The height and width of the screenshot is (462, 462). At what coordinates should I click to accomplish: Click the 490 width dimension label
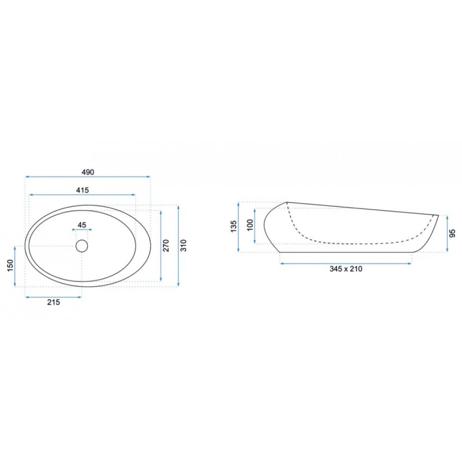(88, 172)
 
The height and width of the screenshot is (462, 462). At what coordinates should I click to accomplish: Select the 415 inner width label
(83, 190)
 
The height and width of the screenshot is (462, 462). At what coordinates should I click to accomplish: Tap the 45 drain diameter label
(82, 225)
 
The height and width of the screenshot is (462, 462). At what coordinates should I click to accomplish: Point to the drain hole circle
(82, 246)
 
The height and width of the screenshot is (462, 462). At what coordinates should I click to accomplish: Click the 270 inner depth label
(166, 245)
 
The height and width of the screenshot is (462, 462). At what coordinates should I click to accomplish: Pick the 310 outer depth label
(183, 245)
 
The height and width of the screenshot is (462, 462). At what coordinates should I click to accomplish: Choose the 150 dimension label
(10, 266)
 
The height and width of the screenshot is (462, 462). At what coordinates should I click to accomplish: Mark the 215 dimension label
(54, 302)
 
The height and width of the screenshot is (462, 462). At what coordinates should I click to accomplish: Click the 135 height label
(233, 226)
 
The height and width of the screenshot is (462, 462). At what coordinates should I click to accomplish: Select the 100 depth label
(250, 225)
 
